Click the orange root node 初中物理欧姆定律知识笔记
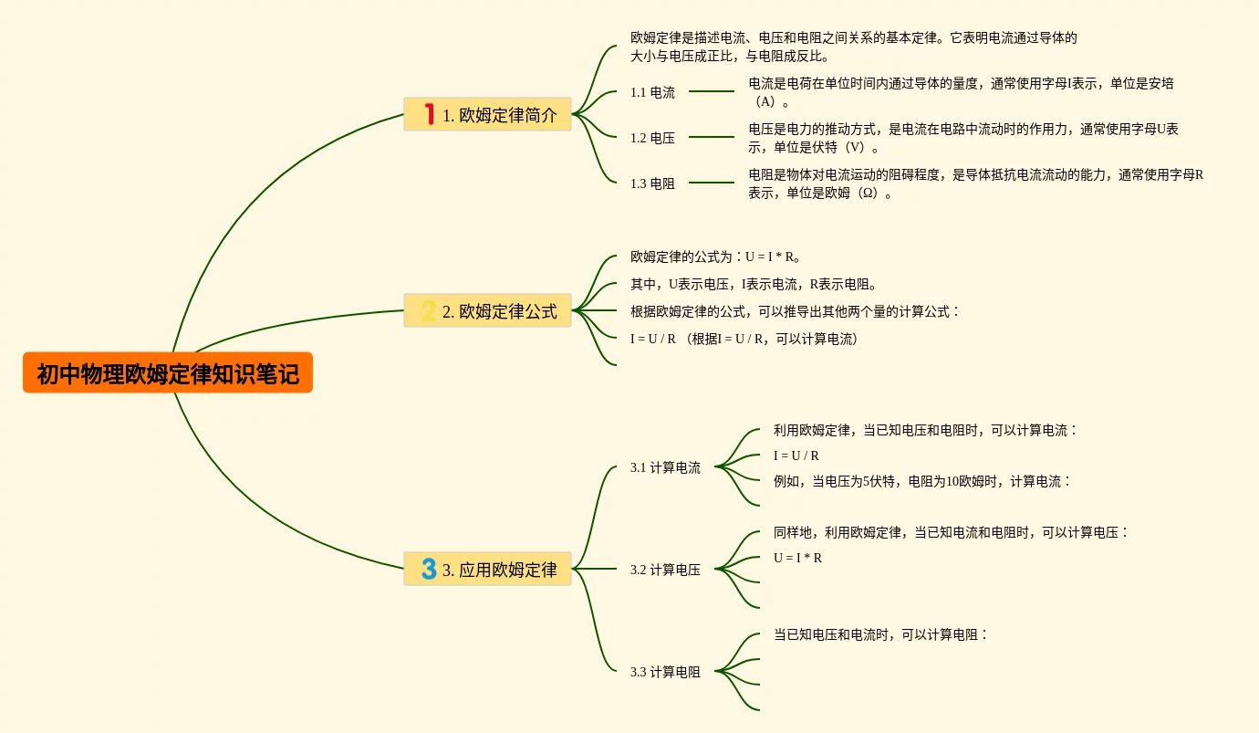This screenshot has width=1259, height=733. point(168,372)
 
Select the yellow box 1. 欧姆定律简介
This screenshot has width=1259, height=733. point(487,114)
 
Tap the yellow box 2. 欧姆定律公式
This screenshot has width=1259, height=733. point(487,310)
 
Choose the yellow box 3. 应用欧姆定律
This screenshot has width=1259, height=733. point(487,569)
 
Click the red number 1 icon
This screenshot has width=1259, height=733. point(430,113)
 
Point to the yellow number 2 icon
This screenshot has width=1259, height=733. point(428,310)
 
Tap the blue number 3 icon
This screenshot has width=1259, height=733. point(429,569)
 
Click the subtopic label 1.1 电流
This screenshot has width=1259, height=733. point(652,92)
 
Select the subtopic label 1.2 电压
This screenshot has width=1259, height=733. point(652,138)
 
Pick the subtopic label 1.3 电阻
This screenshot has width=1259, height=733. point(652,183)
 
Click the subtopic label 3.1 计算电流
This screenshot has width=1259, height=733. point(665,467)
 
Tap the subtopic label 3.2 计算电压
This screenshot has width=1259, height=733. point(665,570)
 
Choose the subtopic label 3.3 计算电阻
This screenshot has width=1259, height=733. point(665,672)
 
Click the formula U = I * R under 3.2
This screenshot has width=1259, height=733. point(797,558)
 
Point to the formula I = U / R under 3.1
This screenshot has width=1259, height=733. point(796,456)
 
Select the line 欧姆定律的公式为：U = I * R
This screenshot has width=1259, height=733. point(715,257)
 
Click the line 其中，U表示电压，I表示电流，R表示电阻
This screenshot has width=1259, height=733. point(754,284)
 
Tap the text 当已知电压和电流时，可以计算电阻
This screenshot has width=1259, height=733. point(880,634)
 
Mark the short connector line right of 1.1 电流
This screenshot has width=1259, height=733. point(712,91)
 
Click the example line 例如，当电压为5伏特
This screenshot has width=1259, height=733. point(921,481)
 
